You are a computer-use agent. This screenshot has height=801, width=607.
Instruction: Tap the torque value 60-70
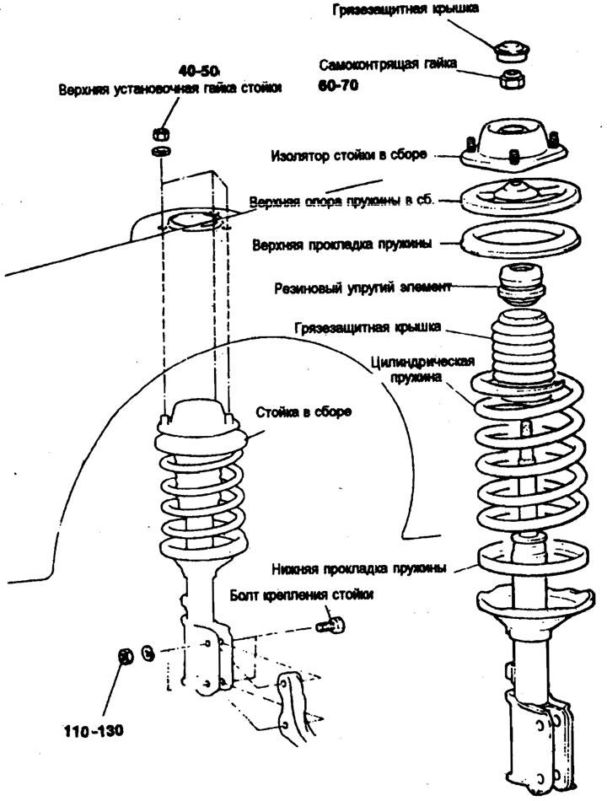pos(337,86)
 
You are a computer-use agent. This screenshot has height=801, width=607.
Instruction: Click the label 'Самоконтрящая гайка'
pos(388,65)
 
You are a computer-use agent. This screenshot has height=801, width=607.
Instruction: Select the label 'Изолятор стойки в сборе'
pos(350,156)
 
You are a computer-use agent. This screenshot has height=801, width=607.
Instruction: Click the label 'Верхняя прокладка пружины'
pos(342,245)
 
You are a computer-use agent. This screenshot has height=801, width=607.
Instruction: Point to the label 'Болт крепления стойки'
pos(301,595)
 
